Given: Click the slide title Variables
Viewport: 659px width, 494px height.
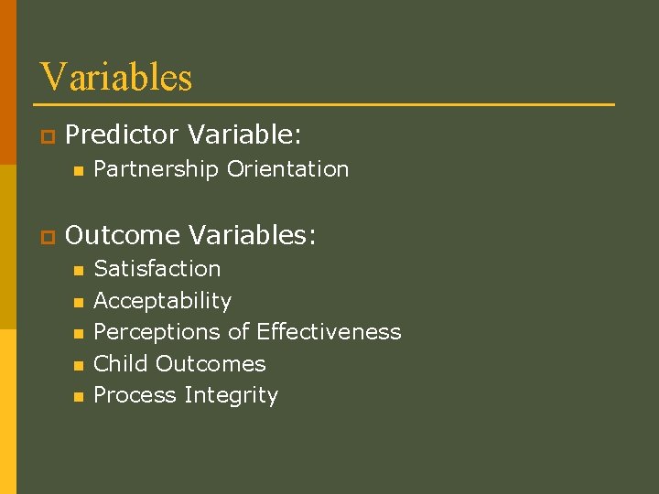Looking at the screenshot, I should (x=116, y=77).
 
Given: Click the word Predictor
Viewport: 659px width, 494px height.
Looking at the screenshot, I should (x=123, y=135).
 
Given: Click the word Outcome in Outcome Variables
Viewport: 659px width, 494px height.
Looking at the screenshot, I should (x=124, y=236).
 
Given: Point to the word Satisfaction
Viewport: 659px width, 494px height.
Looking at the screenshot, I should (x=157, y=269).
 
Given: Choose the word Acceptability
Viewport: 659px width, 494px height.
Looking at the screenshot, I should (x=162, y=301).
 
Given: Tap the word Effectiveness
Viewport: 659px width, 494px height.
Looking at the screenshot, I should (x=329, y=331).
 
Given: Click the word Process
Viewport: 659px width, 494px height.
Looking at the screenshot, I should (x=135, y=395).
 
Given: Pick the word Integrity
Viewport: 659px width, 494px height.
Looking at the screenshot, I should (x=231, y=395).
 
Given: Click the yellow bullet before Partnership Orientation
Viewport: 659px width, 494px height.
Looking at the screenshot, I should (x=78, y=171).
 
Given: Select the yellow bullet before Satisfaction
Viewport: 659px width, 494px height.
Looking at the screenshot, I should (x=78, y=271).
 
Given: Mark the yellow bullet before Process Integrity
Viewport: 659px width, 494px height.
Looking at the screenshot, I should (x=78, y=397).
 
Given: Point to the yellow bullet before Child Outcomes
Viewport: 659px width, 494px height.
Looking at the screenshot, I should (x=78, y=365).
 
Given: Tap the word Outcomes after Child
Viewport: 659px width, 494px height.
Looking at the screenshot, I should (x=211, y=363).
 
